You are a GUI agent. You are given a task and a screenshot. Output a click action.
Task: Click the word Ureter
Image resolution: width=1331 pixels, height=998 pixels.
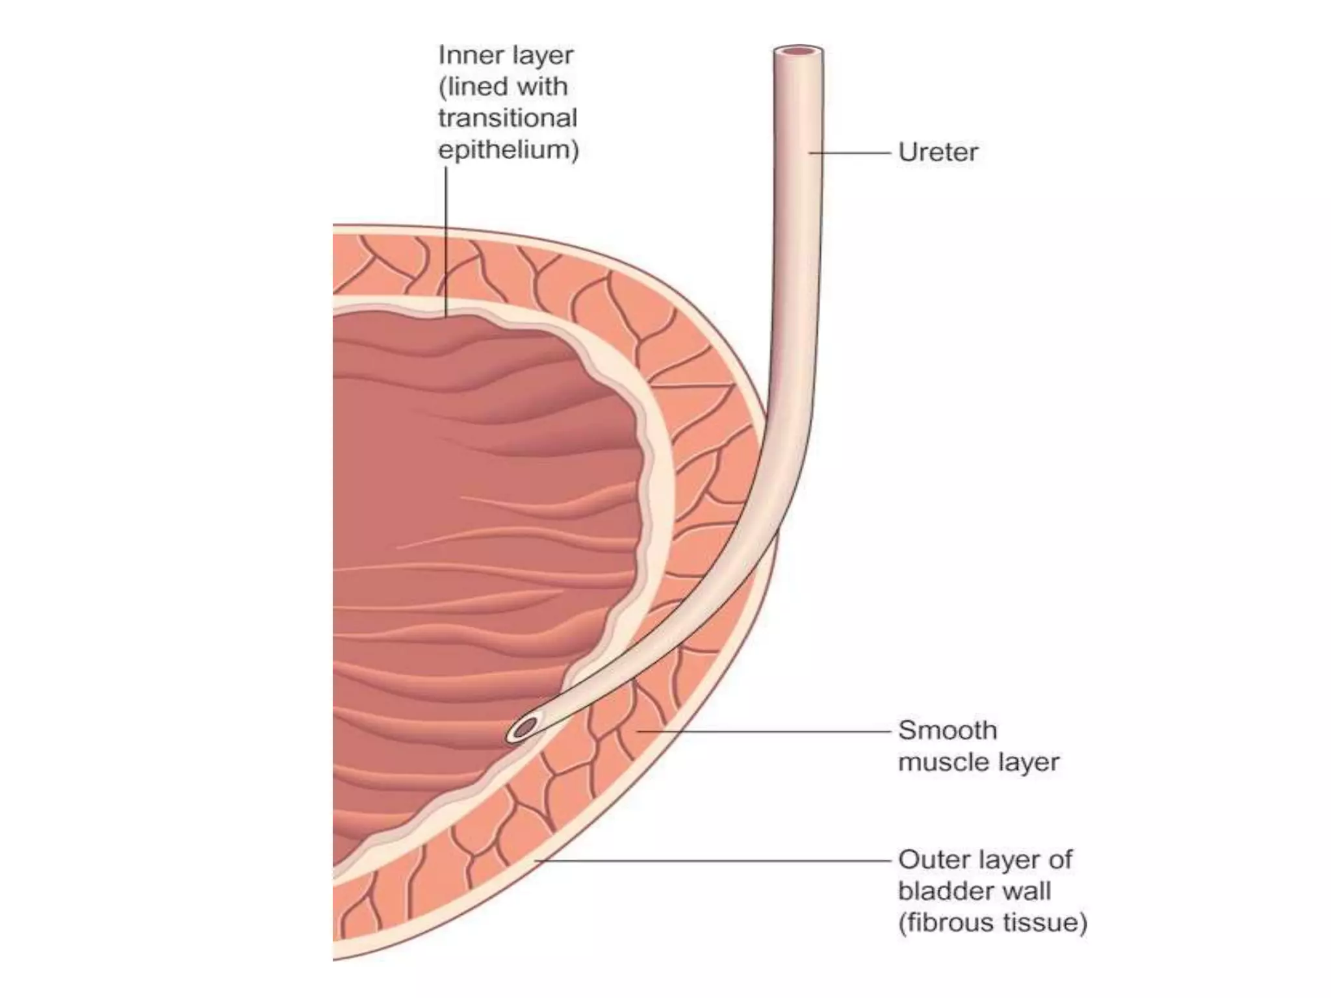click(938, 153)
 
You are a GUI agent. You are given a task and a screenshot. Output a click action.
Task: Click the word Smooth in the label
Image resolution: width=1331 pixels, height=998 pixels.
click(948, 731)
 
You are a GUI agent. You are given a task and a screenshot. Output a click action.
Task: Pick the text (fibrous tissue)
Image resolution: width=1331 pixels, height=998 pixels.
click(992, 923)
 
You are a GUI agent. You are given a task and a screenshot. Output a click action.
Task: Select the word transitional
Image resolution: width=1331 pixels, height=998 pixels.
click(508, 118)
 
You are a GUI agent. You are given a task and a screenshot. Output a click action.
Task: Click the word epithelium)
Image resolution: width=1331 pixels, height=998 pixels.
click(508, 150)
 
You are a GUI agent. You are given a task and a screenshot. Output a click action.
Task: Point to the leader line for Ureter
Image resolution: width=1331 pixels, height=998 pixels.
click(849, 153)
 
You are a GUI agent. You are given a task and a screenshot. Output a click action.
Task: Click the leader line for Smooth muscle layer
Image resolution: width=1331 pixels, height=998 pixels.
click(764, 731)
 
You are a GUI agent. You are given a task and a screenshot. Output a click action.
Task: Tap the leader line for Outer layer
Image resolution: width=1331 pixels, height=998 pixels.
click(712, 860)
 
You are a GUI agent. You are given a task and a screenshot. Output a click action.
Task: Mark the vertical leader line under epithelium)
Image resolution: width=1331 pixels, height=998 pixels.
click(446, 240)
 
